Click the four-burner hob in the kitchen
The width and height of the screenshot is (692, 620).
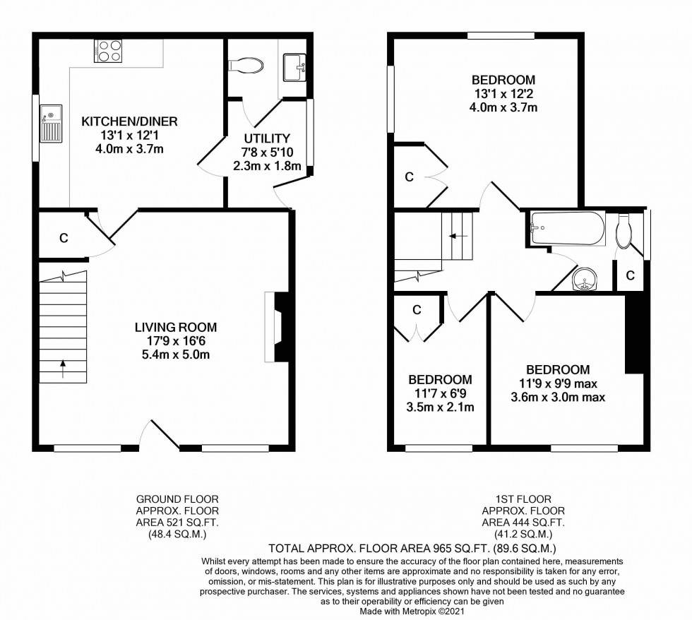click(x=109, y=51)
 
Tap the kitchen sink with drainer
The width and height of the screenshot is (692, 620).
click(x=51, y=124)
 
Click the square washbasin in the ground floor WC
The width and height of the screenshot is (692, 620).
click(x=294, y=68)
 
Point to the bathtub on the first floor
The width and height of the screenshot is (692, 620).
click(x=567, y=229)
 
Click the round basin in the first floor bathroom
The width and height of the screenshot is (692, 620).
click(x=585, y=279)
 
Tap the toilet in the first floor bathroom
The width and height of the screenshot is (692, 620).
click(x=624, y=231)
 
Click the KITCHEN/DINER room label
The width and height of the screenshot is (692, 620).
click(x=129, y=121)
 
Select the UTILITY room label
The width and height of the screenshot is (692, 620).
click(x=267, y=138)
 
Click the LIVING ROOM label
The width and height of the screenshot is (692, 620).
click(x=176, y=327)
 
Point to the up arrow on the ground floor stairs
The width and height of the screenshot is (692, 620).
click(x=63, y=369)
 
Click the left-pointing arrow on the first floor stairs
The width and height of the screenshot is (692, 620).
click(x=458, y=236)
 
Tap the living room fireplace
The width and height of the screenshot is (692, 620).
click(x=277, y=327)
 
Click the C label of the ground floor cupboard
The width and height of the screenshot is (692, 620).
click(x=64, y=238)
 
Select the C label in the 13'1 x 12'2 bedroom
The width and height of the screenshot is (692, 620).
click(x=409, y=177)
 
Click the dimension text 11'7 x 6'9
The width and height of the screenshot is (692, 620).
click(x=440, y=393)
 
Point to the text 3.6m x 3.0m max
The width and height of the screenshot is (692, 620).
click(x=558, y=397)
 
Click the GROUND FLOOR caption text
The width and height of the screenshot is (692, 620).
click(x=177, y=499)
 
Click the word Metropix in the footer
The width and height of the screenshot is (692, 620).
click(x=418, y=612)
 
